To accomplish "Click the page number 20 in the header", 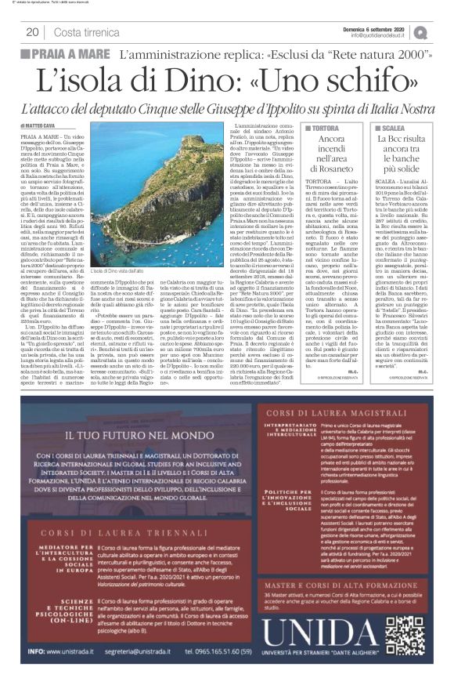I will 32,31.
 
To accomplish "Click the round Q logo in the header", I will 442,31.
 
